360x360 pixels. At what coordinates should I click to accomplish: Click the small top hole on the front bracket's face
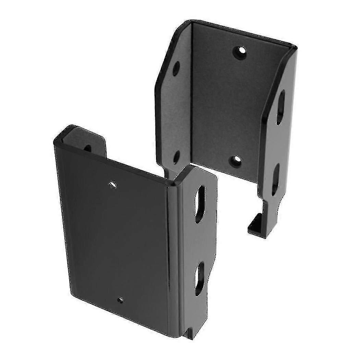click(x=112, y=185)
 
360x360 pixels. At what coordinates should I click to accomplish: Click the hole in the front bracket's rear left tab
click(x=88, y=148)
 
